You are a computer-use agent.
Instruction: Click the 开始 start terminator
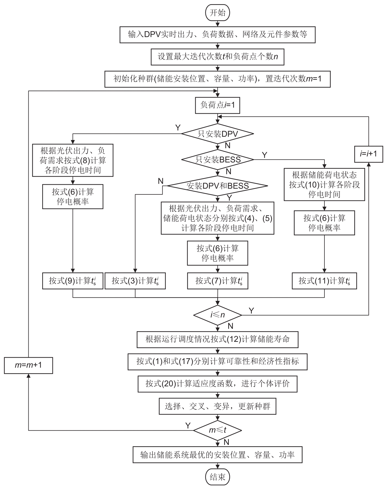(x=218, y=13)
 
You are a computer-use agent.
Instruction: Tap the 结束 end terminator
(x=218, y=477)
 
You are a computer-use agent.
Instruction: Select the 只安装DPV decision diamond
(x=218, y=134)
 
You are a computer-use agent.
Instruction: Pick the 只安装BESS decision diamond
(x=218, y=159)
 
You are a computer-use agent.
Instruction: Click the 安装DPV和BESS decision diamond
(x=218, y=186)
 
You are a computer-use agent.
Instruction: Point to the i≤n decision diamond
(x=218, y=315)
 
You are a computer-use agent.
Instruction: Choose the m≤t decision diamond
(x=218, y=430)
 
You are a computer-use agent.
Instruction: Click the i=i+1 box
(x=368, y=154)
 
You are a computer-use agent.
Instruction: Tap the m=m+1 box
(x=28, y=365)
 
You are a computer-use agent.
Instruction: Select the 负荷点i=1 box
(x=218, y=105)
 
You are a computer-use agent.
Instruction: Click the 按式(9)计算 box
(x=73, y=281)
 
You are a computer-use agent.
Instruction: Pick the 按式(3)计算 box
(x=135, y=281)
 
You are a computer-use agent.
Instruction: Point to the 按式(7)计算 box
(x=218, y=281)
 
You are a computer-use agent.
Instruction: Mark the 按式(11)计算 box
(x=324, y=281)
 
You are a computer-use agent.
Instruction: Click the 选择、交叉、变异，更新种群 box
(x=218, y=406)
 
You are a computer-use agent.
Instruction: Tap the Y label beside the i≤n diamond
(x=251, y=311)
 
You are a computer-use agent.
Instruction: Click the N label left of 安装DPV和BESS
(x=161, y=181)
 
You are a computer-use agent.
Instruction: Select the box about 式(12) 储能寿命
(x=218, y=339)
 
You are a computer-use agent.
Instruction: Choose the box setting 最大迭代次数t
(x=218, y=57)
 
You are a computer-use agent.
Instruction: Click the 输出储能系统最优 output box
(x=218, y=455)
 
